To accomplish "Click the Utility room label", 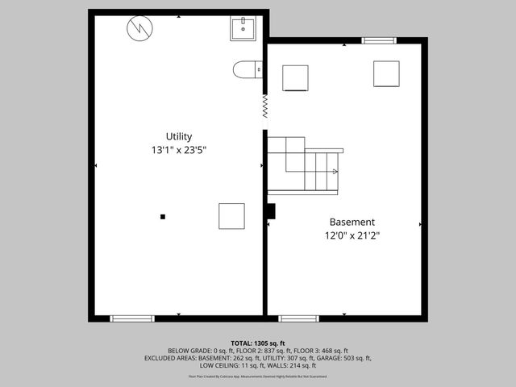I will tap(179, 136).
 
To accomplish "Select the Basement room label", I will tap(352, 222).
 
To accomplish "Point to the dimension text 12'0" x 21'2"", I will tap(352, 235).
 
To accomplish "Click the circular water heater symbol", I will tap(139, 29).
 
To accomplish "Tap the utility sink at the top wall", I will tap(243, 29).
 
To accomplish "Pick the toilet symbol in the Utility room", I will tap(247, 71).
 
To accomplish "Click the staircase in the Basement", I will tap(304, 165).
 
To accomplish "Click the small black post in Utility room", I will tap(163, 216).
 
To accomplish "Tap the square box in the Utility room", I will tap(231, 216).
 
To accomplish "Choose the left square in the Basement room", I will tap(294, 78).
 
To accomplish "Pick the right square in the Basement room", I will tap(386, 73).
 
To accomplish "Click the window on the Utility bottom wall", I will tap(132, 318).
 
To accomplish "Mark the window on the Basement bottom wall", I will tap(299, 318).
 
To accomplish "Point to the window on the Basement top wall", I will tap(379, 40).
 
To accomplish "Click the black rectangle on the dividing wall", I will tap(271, 211).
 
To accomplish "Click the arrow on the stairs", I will tap(334, 171).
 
